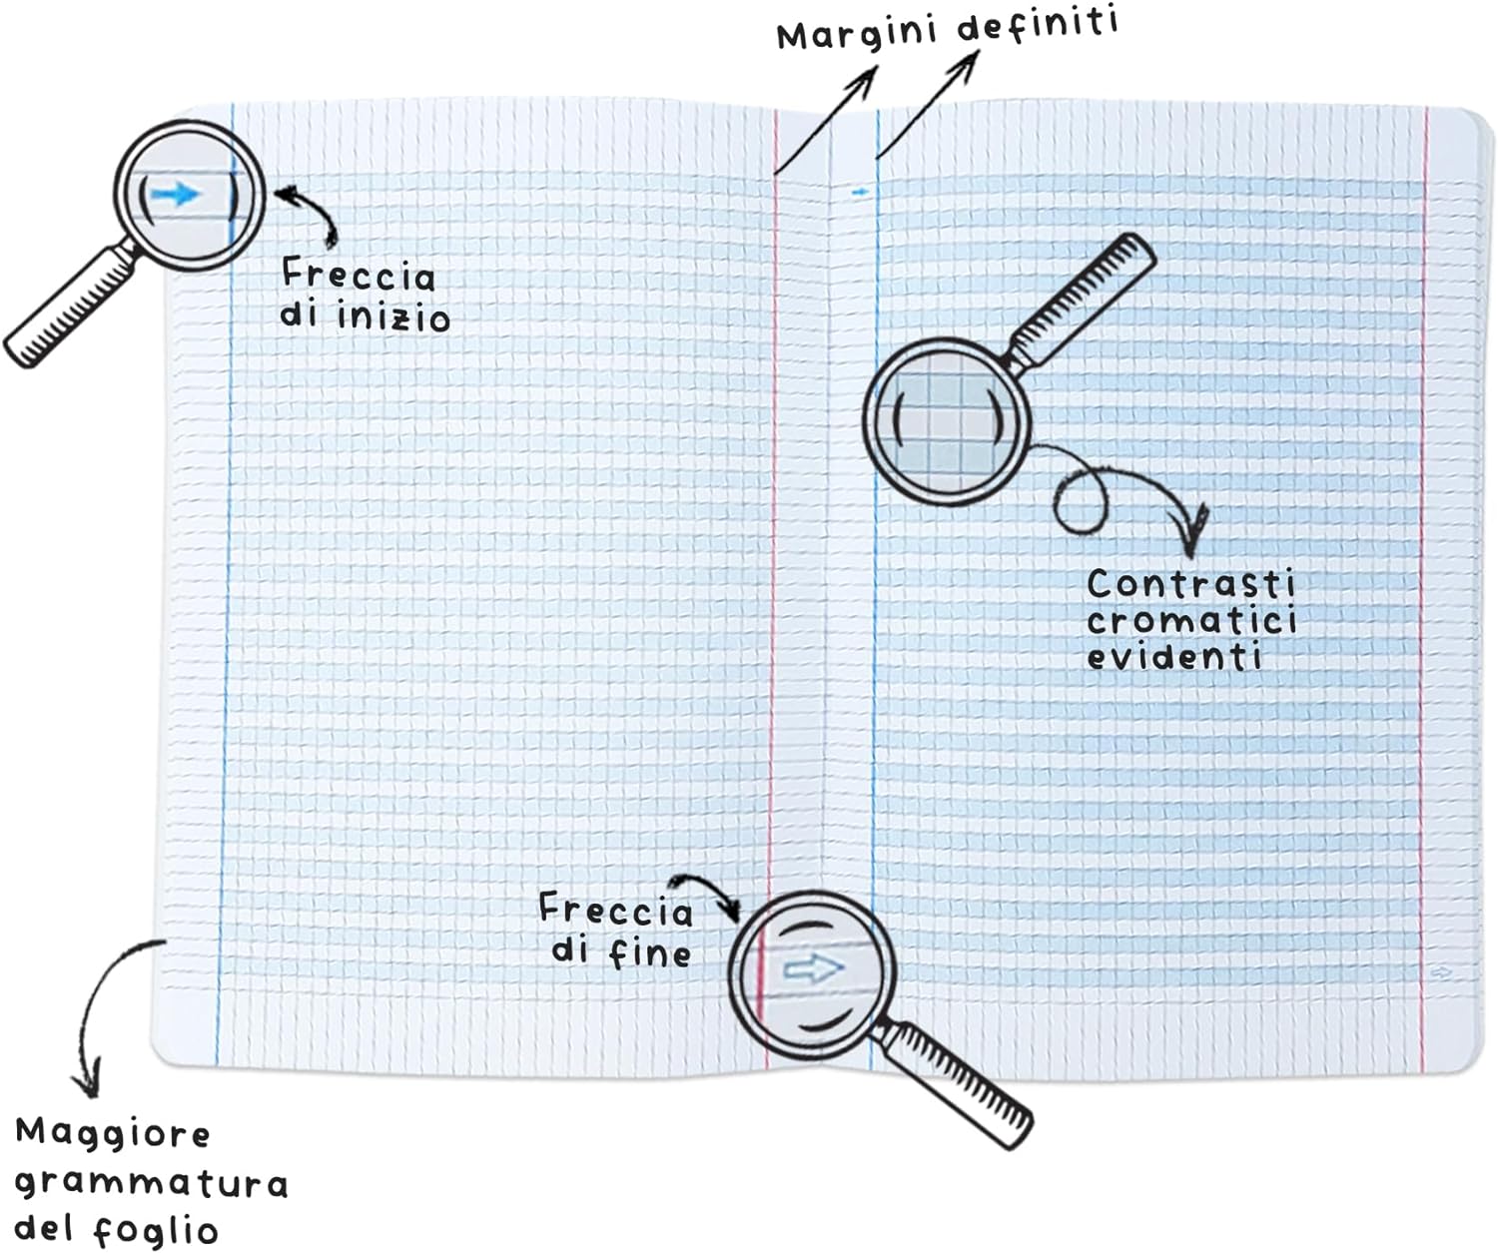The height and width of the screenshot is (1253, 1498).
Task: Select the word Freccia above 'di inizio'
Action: pyautogui.click(x=359, y=275)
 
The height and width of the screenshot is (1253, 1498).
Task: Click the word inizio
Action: pyautogui.click(x=393, y=317)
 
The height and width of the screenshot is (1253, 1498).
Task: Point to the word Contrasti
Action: pyautogui.click(x=1191, y=584)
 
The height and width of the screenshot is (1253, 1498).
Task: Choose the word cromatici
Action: pyautogui.click(x=1191, y=620)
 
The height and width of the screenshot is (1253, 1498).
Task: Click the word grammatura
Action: pyautogui.click(x=152, y=1185)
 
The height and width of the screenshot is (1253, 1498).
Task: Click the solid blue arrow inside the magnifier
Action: pyautogui.click(x=175, y=194)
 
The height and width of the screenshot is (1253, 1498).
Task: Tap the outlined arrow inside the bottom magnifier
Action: pyautogui.click(x=813, y=969)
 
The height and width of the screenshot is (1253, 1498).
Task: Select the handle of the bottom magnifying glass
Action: pyautogui.click(x=954, y=1083)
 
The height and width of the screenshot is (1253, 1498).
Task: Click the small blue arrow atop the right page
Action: pyautogui.click(x=859, y=193)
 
